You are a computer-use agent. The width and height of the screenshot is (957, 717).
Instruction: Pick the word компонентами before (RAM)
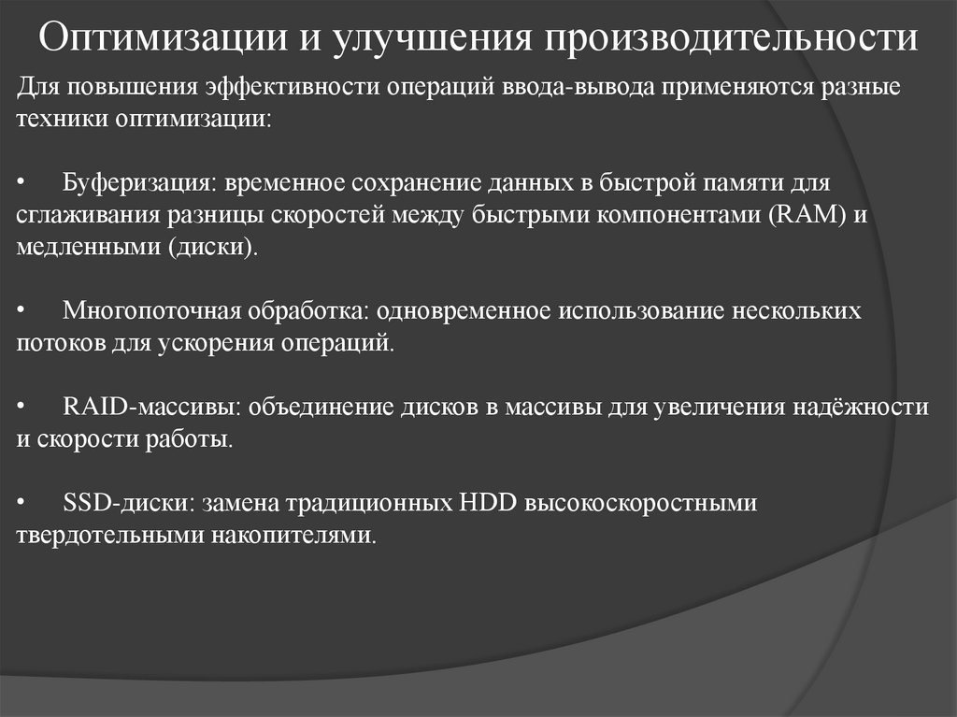pos(685,215)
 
